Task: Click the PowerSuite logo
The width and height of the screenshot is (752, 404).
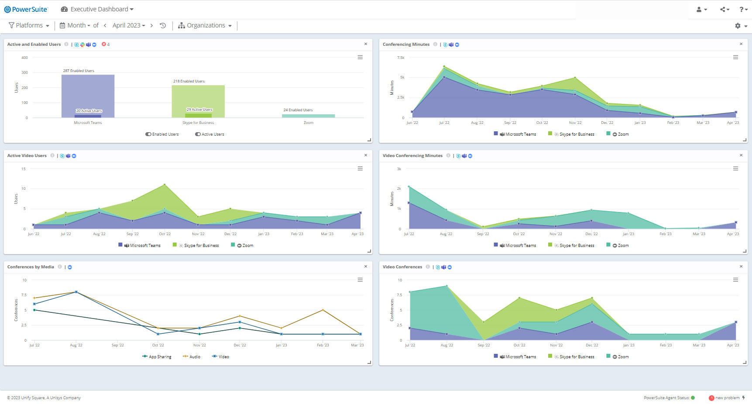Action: coord(26,9)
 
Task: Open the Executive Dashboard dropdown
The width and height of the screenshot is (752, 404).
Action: coord(97,9)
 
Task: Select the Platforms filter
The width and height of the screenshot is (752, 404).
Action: coord(29,25)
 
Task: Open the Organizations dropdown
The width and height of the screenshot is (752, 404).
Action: coord(205,25)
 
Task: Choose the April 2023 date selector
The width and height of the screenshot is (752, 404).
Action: coord(129,25)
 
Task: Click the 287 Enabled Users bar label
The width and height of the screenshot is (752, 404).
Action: coord(79,71)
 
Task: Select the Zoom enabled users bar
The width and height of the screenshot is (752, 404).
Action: coord(309,116)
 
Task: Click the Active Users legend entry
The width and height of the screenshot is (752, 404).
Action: coord(209,134)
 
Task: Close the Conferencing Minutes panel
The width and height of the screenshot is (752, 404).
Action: coord(741,44)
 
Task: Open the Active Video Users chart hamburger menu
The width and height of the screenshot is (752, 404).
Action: coord(360,168)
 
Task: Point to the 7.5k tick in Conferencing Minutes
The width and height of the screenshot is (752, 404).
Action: coord(401,58)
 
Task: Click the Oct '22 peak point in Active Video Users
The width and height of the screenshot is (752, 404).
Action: coord(165,185)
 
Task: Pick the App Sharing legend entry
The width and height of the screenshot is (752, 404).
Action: coord(157,357)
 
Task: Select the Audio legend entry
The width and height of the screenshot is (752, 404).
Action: coord(192,357)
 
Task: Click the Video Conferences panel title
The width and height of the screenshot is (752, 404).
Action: coord(402,267)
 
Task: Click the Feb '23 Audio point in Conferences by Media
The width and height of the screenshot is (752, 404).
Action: coord(323,310)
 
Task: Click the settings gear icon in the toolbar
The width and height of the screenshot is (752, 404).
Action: coord(738,26)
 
